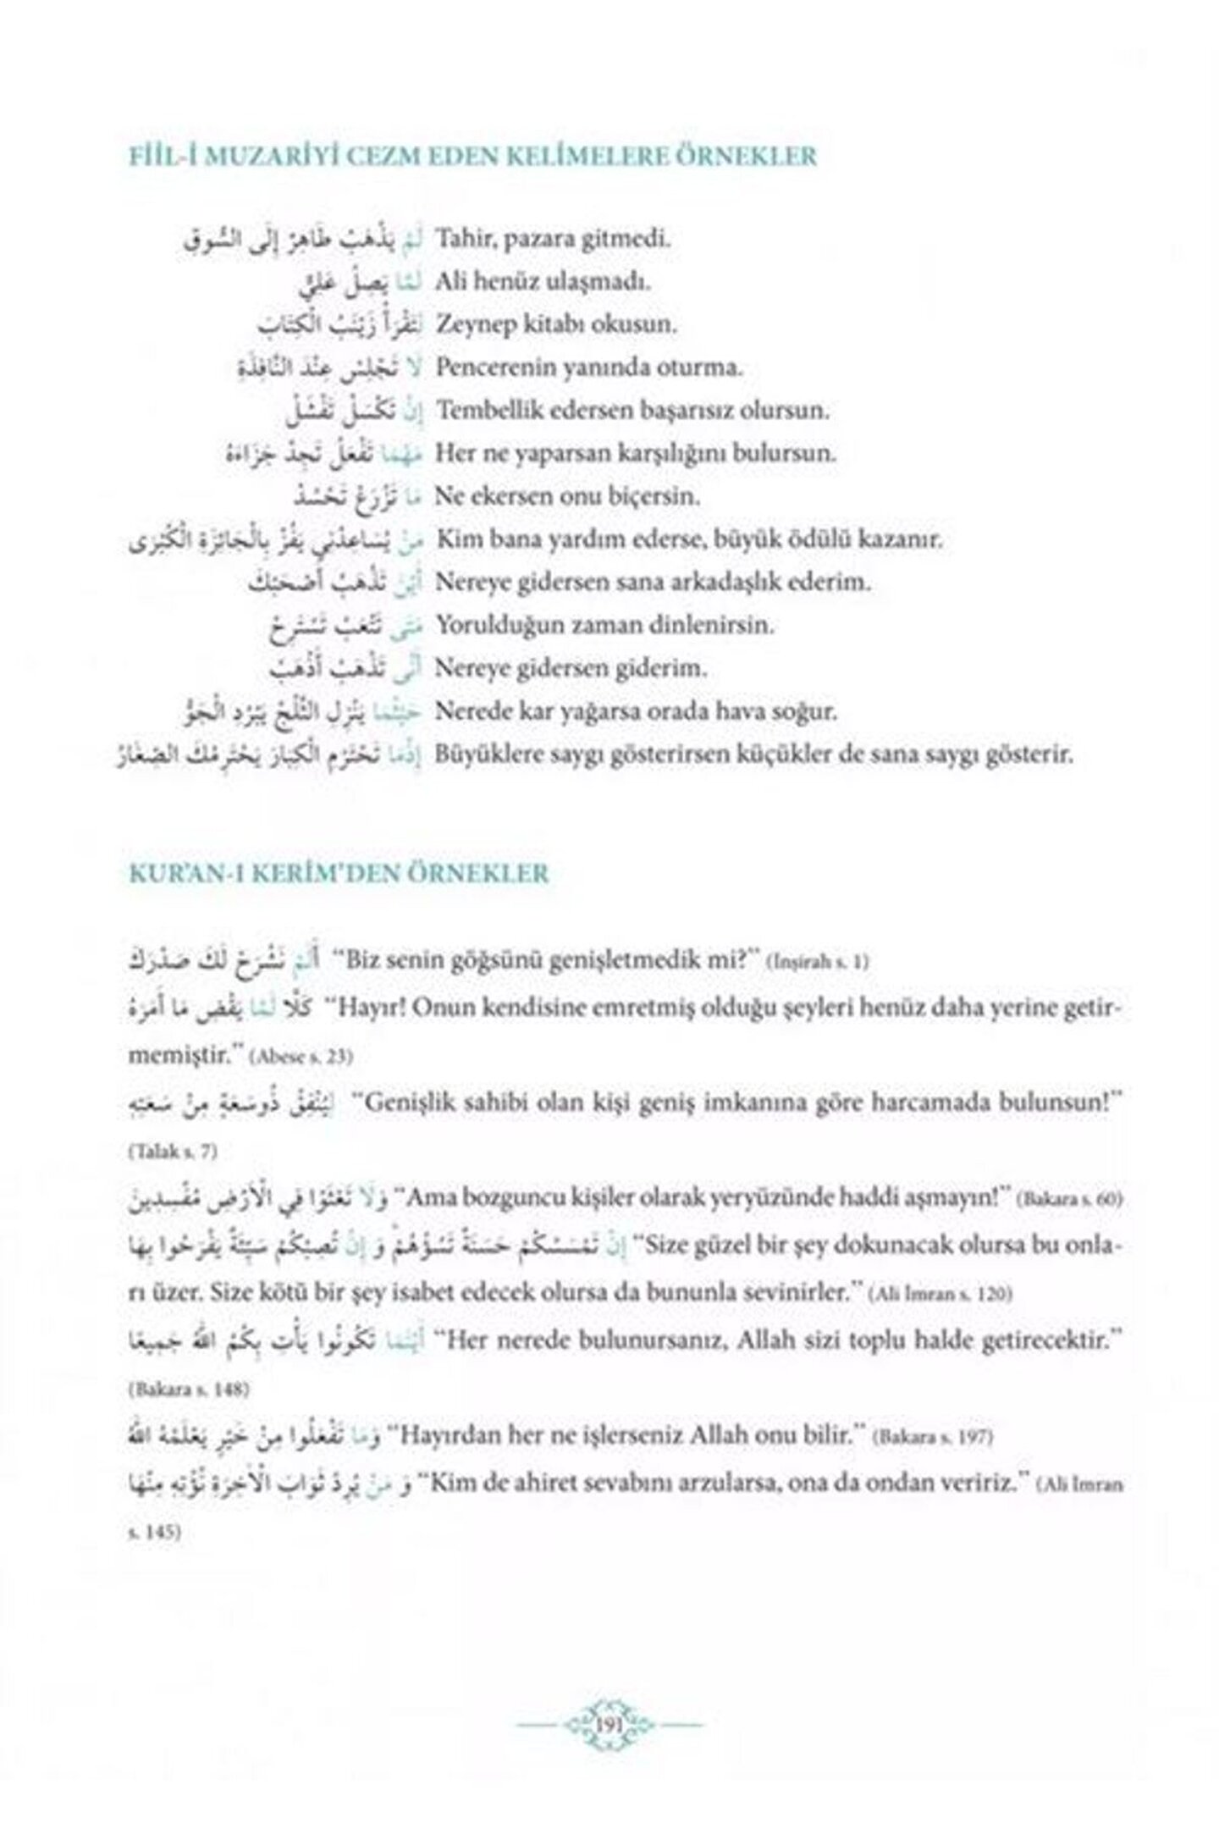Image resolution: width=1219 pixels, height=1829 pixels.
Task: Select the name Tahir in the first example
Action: (x=458, y=239)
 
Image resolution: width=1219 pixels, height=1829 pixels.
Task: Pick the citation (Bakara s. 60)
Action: (x=1071, y=1200)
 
